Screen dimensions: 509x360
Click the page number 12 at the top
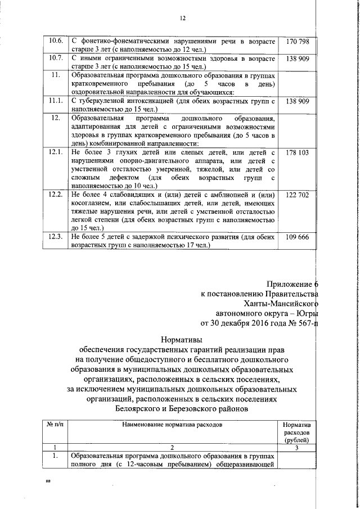[182, 18]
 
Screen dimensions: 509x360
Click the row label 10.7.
[56, 58]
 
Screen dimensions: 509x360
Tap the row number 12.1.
[56, 153]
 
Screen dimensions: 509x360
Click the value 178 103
[298, 153]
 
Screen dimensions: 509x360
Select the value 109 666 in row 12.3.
[298, 237]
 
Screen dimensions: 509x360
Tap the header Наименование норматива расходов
[173, 426]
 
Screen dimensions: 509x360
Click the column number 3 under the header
[298, 448]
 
